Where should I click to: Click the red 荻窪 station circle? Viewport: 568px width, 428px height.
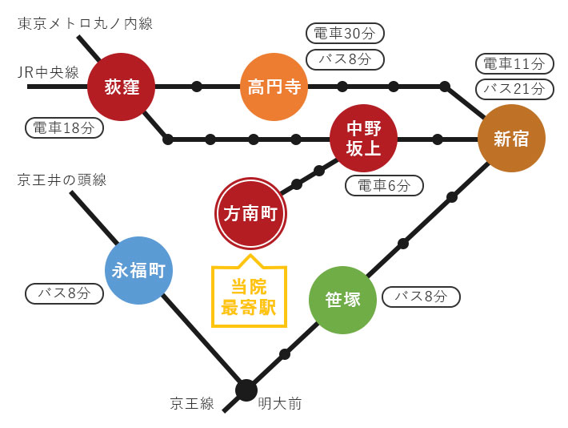121,87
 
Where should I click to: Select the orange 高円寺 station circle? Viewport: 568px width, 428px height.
274,87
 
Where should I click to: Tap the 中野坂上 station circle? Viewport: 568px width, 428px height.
364,138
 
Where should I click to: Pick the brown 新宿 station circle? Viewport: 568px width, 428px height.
511,139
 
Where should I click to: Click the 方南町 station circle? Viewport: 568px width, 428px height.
250,213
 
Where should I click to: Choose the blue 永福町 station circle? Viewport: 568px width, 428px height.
138,271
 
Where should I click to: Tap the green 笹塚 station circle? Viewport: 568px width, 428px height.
342,300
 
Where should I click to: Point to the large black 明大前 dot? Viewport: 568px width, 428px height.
246,390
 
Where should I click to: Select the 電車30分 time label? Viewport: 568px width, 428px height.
345,34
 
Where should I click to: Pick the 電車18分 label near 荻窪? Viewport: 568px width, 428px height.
64,127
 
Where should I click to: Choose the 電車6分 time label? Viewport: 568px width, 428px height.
384,186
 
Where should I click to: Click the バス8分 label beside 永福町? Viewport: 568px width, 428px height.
64,293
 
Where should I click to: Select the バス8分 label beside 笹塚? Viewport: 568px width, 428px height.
421,297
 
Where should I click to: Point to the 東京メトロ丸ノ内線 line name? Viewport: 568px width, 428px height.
85,23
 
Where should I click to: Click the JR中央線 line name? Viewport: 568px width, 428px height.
49,73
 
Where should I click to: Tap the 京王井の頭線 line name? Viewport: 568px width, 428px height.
62,180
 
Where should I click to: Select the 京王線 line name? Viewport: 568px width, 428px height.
192,403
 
